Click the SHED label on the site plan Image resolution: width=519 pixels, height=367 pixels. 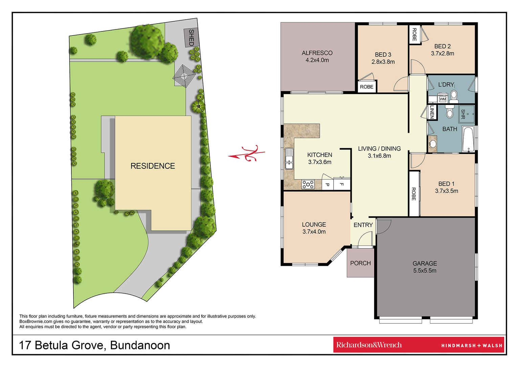click(x=191, y=38)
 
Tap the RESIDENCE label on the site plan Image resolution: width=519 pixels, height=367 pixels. click(x=153, y=166)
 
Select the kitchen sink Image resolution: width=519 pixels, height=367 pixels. click(x=289, y=159)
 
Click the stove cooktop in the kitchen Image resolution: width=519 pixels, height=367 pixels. click(x=308, y=184)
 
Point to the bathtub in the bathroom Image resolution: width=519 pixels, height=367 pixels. click(x=468, y=139)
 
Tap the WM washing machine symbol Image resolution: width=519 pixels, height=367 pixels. click(x=443, y=99)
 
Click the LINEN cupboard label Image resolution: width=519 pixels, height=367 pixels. click(x=432, y=112)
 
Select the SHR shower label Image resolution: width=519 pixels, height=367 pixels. click(x=463, y=114)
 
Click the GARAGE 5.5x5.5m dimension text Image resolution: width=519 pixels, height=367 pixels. click(x=425, y=270)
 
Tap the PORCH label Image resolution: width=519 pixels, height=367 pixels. click(x=360, y=263)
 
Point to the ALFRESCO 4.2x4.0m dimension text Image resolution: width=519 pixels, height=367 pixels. click(x=317, y=60)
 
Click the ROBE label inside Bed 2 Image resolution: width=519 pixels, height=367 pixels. click(x=414, y=35)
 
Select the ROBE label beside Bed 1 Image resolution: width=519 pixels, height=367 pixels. click(x=413, y=194)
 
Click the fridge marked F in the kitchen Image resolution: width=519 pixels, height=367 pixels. click(x=341, y=184)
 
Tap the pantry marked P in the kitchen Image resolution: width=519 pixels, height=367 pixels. click(x=328, y=184)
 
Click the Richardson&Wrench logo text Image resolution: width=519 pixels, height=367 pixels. click(x=369, y=345)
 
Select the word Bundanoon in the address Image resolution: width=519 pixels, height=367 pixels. click(x=140, y=345)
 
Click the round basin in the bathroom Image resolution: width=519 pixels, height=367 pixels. click(x=433, y=144)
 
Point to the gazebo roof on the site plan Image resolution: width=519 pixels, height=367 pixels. click(x=184, y=76)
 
